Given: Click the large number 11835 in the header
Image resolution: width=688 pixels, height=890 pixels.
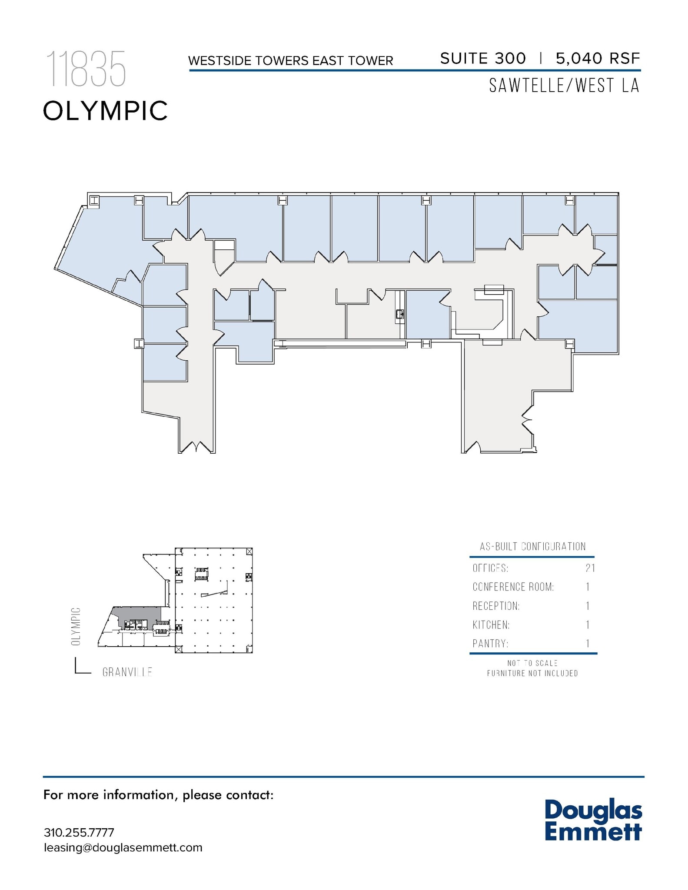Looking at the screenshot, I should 86,69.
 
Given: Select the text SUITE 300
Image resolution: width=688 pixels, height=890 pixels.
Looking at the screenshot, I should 483,58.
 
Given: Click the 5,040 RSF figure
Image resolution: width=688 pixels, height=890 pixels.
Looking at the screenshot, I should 598,58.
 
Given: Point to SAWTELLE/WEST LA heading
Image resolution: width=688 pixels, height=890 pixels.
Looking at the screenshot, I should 564,86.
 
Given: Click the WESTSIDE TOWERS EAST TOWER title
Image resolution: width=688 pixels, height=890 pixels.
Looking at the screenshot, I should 290,60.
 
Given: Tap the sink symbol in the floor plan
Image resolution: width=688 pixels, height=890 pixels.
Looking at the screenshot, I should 399,314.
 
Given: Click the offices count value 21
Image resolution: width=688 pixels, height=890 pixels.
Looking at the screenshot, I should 589,568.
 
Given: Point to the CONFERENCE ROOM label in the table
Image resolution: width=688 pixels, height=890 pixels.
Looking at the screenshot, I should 513,587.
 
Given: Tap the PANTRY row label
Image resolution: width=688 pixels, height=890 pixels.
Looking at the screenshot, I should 490,644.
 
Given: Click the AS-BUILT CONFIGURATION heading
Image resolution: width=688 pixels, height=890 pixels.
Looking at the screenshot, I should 532,547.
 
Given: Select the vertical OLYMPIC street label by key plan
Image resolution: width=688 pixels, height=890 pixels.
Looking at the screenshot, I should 76,626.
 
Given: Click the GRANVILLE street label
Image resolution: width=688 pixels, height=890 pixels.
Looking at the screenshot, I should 127,672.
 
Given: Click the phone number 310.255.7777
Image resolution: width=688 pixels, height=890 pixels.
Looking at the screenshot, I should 79,833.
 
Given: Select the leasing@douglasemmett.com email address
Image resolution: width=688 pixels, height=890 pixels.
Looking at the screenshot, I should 123,847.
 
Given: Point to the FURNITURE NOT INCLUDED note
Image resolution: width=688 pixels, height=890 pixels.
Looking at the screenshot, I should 532,673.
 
